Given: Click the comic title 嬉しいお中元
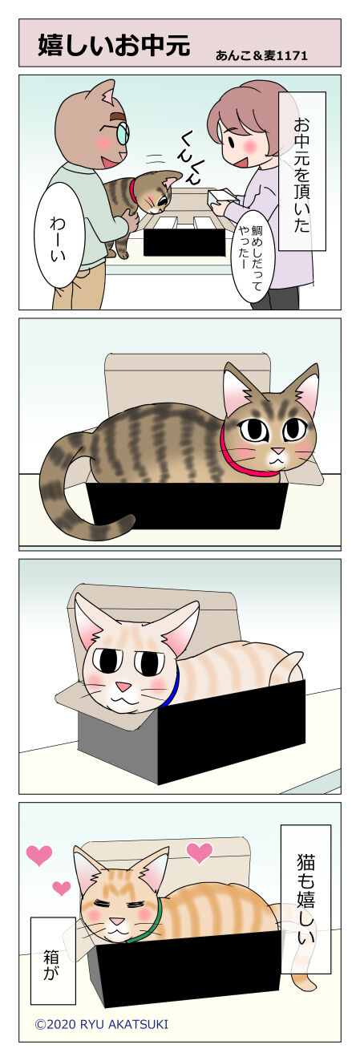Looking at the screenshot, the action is [x=114, y=45].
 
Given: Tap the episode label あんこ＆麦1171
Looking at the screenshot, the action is [x=261, y=56].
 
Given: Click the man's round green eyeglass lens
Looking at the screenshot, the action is [x=123, y=134].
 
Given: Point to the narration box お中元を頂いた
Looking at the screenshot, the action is [x=301, y=171].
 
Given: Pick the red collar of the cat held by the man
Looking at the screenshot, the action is [x=134, y=190].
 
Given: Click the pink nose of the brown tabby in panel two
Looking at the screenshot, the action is [x=277, y=450].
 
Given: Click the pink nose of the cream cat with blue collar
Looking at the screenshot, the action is [x=124, y=686].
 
